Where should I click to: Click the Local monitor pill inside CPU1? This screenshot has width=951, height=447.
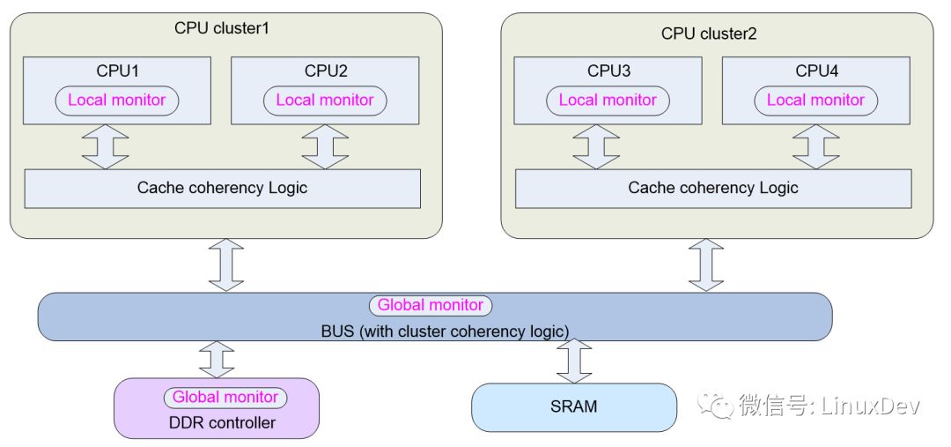pyautogui.click(x=116, y=101)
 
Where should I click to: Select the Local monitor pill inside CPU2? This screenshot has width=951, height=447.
pyautogui.click(x=324, y=101)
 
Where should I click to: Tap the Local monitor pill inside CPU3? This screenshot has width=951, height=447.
pyautogui.click(x=608, y=101)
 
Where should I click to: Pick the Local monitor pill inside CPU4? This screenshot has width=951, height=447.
pyautogui.click(x=815, y=101)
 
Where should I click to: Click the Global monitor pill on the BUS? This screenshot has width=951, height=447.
pyautogui.click(x=431, y=305)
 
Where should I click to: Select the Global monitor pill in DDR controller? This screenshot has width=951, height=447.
pyautogui.click(x=225, y=398)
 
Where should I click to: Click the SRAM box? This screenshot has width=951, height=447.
pyautogui.click(x=574, y=407)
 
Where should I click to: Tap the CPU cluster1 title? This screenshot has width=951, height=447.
pyautogui.click(x=221, y=28)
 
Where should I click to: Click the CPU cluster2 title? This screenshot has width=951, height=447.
pyautogui.click(x=709, y=34)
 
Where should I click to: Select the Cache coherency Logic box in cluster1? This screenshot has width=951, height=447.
pyautogui.click(x=222, y=189)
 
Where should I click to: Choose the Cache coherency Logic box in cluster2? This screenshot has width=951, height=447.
pyautogui.click(x=713, y=189)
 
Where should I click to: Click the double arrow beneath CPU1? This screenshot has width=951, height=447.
pyautogui.click(x=106, y=146)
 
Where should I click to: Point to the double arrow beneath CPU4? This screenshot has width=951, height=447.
pyautogui.click(x=815, y=146)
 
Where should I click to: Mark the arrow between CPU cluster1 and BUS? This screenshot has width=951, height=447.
pyautogui.click(x=226, y=264)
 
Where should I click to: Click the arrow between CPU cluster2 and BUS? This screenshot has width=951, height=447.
pyautogui.click(x=706, y=264)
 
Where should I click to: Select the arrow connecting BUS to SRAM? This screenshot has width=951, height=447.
pyautogui.click(x=574, y=361)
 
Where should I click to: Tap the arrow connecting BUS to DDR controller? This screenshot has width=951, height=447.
pyautogui.click(x=217, y=359)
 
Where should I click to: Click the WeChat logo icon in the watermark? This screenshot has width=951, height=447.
pyautogui.click(x=715, y=405)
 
